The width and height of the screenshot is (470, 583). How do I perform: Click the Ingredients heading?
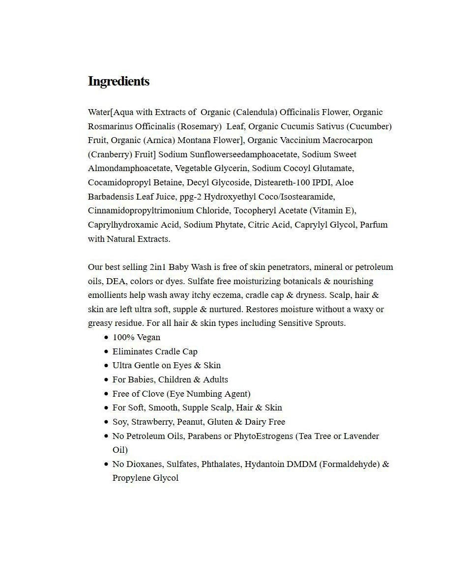[118, 81]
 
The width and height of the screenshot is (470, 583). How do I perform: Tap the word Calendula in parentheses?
[256, 112]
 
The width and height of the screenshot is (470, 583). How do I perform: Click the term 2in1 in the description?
[157, 267]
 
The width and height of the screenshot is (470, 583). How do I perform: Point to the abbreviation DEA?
[115, 281]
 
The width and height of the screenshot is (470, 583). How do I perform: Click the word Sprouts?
[329, 323]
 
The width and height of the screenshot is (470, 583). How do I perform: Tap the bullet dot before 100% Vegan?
[106, 338]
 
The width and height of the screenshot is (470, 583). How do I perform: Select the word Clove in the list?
[152, 394]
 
